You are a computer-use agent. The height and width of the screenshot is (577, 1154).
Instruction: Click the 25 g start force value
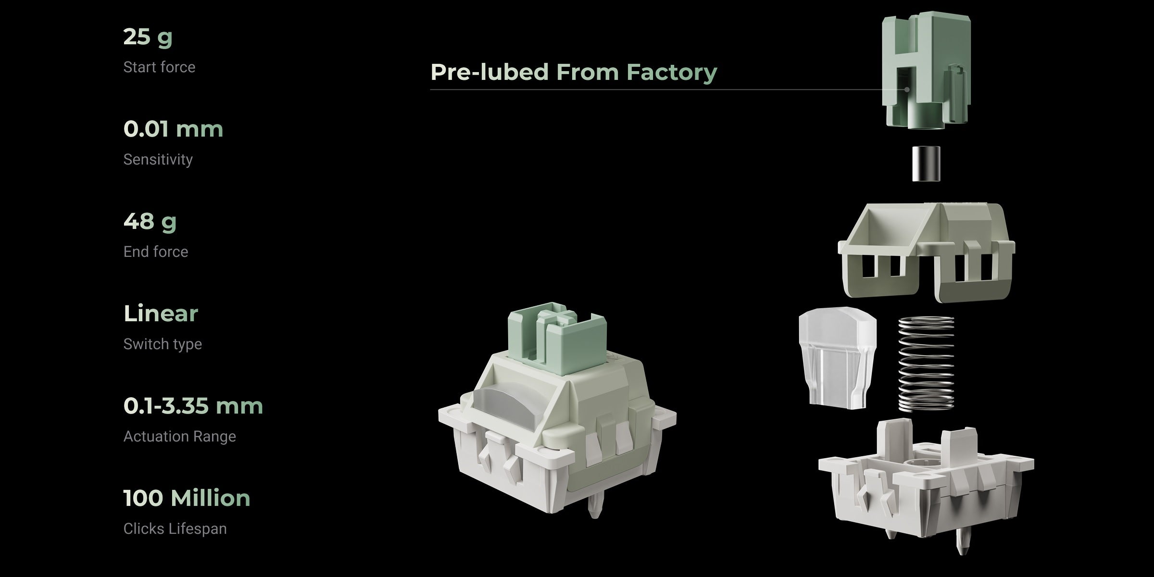click(148, 38)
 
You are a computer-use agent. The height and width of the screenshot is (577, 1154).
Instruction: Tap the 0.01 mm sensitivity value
click(173, 129)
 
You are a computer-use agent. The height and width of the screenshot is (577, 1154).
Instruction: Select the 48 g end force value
click(150, 222)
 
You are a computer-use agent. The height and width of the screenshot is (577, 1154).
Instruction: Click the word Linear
click(161, 314)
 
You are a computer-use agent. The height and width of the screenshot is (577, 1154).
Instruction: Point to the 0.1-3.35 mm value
click(193, 406)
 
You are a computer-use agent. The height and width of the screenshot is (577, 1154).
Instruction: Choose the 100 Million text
click(187, 498)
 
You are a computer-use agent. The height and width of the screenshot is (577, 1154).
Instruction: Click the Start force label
click(159, 67)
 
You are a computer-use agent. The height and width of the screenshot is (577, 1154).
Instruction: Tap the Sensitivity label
click(158, 160)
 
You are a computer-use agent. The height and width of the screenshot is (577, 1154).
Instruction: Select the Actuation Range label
click(179, 437)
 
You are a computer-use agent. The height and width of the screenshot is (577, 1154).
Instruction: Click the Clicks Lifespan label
click(175, 529)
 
